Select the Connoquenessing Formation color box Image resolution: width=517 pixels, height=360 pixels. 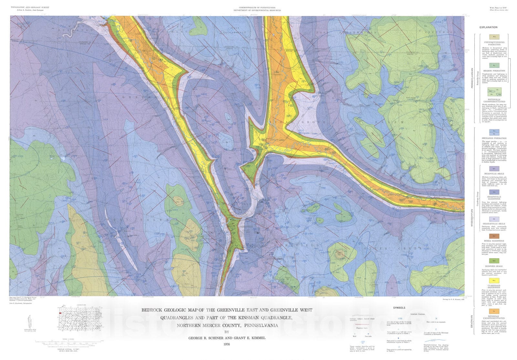tap(494, 37)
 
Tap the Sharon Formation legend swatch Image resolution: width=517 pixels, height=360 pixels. tap(494, 66)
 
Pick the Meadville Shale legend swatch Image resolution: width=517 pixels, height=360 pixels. tap(494, 169)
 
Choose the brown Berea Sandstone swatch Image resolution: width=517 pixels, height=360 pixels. tap(494, 236)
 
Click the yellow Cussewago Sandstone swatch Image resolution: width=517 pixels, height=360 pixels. tap(494, 281)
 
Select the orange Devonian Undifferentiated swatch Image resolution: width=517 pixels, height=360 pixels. tap(494, 311)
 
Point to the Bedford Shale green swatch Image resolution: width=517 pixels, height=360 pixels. tap(494, 261)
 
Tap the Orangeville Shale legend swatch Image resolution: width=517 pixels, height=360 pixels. tap(494, 219)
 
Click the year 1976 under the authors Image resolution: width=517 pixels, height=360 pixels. tap(227, 344)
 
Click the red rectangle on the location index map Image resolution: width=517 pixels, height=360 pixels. tap(60, 313)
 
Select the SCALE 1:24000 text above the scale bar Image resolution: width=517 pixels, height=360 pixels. tap(68, 339)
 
